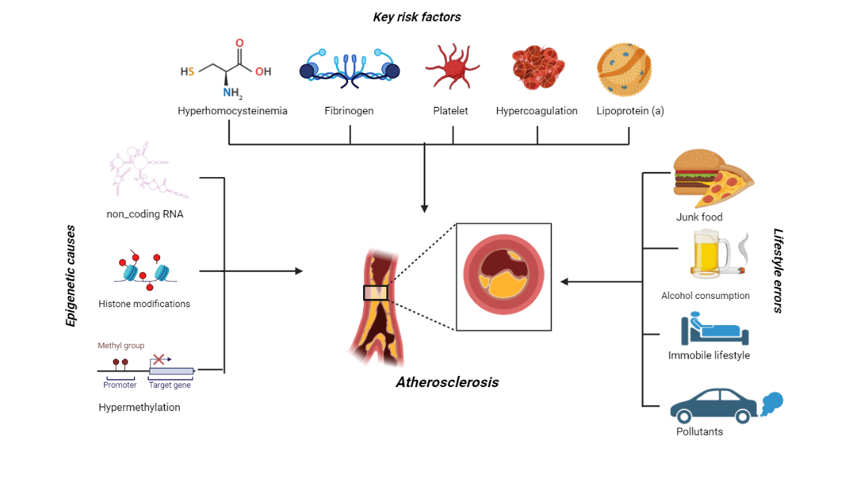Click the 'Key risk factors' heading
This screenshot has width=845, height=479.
pos(416,18)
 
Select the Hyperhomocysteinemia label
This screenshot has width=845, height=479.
pos(232,111)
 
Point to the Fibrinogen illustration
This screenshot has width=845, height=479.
pos(349,69)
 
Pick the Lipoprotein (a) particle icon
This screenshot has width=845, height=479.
pos(624,69)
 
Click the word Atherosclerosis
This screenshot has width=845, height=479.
pos(447,382)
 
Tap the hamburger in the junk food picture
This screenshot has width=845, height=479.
pos(694,173)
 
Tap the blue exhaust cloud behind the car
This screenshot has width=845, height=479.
pos(771,404)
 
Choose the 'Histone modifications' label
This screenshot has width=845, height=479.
pos(144,304)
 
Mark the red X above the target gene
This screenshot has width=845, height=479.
pos(158,359)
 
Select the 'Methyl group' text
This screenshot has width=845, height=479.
pos(121,346)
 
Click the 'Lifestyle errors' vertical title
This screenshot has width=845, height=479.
pos(777,270)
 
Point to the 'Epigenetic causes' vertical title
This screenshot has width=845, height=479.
pos(71,276)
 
